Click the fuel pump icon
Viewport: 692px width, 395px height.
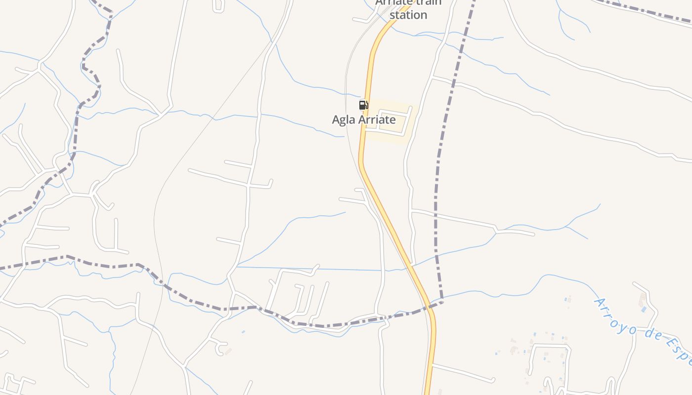[363, 105]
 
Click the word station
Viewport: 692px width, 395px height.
[408, 15]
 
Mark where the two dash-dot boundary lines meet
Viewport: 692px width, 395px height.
[441, 301]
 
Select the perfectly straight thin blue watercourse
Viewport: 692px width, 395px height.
[306, 269]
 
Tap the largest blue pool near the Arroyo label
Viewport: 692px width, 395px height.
[643, 310]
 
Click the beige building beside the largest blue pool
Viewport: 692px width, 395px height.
[642, 300]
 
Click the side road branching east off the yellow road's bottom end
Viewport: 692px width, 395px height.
[462, 373]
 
